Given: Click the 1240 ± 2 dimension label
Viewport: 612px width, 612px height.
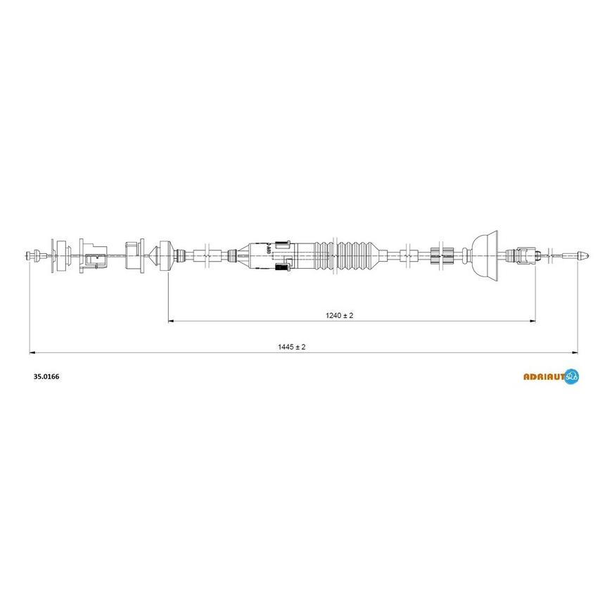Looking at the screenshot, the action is pos(339,315).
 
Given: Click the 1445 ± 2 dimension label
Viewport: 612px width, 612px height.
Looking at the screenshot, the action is pos(291,347).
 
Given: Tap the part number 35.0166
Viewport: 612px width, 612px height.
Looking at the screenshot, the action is pos(46,376).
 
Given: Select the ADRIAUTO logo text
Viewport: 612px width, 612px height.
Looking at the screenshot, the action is pos(544,376).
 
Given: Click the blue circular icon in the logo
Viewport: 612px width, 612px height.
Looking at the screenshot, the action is pos(572,376).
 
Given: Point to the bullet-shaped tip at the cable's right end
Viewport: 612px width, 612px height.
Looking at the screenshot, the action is pos(583,256).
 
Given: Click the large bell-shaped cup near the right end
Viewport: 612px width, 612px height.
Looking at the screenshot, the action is pos(485,255).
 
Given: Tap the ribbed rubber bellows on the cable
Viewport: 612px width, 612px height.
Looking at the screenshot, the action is pos(347,255).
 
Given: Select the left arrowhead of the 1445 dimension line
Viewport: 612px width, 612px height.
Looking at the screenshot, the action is pos(32,353).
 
